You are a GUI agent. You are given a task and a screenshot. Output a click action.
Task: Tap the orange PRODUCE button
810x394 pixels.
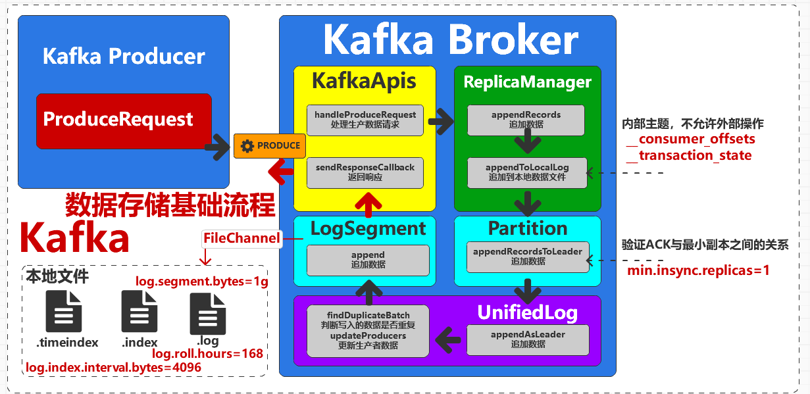pyautogui.click(x=270, y=146)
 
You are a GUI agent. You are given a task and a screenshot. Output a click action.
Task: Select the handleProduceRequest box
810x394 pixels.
pyautogui.click(x=365, y=120)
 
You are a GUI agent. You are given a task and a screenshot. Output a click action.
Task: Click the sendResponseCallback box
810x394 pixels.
pyautogui.click(x=365, y=172)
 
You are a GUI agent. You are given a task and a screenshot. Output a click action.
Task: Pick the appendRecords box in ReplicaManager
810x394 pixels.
pyautogui.click(x=526, y=120)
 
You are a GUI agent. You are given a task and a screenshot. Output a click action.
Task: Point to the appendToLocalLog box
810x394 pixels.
pyautogui.click(x=526, y=172)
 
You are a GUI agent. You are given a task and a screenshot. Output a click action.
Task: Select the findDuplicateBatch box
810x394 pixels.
pyautogui.click(x=368, y=331)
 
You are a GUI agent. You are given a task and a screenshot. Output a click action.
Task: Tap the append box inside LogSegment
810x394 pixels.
pyautogui.click(x=368, y=260)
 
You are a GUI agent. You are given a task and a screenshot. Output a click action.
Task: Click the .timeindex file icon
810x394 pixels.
pyautogui.click(x=64, y=312)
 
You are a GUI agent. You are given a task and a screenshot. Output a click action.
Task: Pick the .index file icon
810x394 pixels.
pyautogui.click(x=139, y=312)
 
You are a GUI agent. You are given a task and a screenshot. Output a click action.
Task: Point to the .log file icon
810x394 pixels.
pyautogui.click(x=208, y=314)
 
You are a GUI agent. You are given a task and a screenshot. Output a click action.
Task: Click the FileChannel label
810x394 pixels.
pyautogui.click(x=241, y=238)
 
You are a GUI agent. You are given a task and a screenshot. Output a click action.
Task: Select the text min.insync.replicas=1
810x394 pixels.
pyautogui.click(x=698, y=270)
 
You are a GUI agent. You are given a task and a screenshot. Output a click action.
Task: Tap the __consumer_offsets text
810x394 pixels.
pyautogui.click(x=690, y=139)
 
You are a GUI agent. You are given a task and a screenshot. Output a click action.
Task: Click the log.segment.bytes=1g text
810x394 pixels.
pyautogui.click(x=202, y=282)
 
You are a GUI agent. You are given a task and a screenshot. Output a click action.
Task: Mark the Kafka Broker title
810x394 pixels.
pyautogui.click(x=451, y=41)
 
